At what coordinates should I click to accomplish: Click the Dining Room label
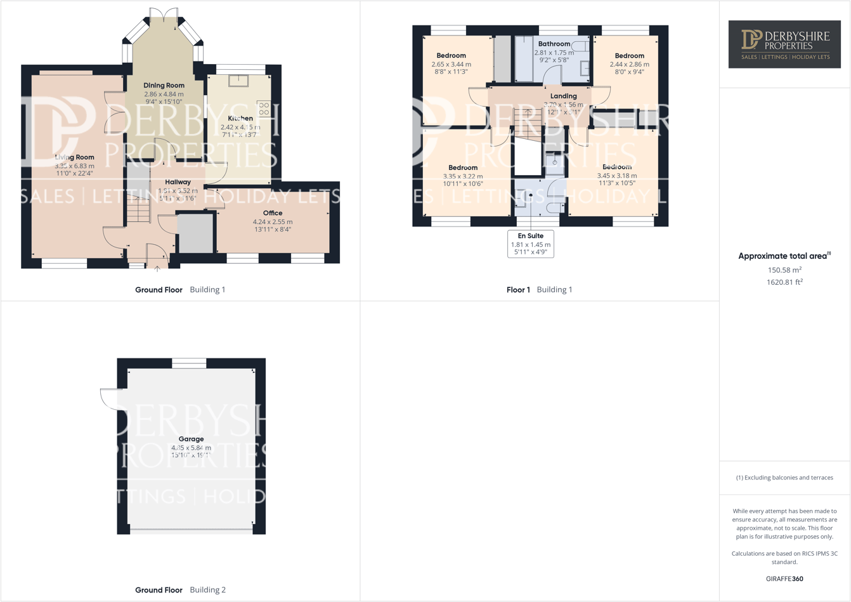coord(164,86)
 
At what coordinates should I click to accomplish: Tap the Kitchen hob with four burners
coord(264,108)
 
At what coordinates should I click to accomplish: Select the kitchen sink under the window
coord(239,81)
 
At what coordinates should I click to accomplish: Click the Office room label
coord(273,213)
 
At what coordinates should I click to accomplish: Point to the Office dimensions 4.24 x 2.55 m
coord(273,222)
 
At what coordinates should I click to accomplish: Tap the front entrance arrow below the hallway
coord(157,269)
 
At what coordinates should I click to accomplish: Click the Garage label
coord(191,439)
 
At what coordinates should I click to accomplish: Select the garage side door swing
coord(109,398)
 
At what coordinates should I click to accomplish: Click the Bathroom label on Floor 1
coord(554,44)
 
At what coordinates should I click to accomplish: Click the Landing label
coord(563,96)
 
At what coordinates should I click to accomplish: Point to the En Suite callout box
coord(531,244)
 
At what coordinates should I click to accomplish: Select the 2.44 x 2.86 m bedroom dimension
coord(629,65)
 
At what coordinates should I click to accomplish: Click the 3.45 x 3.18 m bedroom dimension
coord(617,176)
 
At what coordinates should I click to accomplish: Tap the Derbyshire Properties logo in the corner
coord(784,44)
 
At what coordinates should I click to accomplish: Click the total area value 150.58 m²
coord(784,270)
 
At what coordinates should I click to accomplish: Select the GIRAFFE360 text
coord(784,579)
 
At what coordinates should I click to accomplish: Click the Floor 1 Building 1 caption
coord(539,290)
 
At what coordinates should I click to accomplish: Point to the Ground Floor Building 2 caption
coord(180,590)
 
